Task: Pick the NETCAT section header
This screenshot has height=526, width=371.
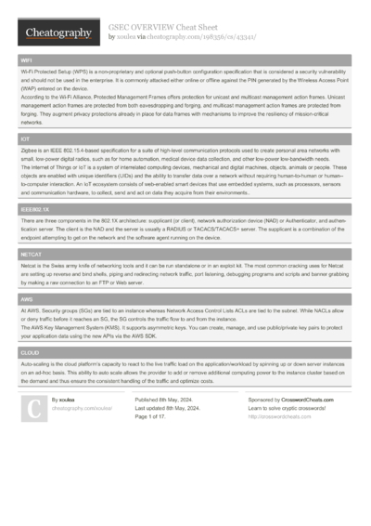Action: click(x=31, y=253)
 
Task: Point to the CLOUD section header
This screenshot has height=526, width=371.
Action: click(x=30, y=354)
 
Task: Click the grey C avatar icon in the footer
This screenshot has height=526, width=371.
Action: click(x=33, y=408)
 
